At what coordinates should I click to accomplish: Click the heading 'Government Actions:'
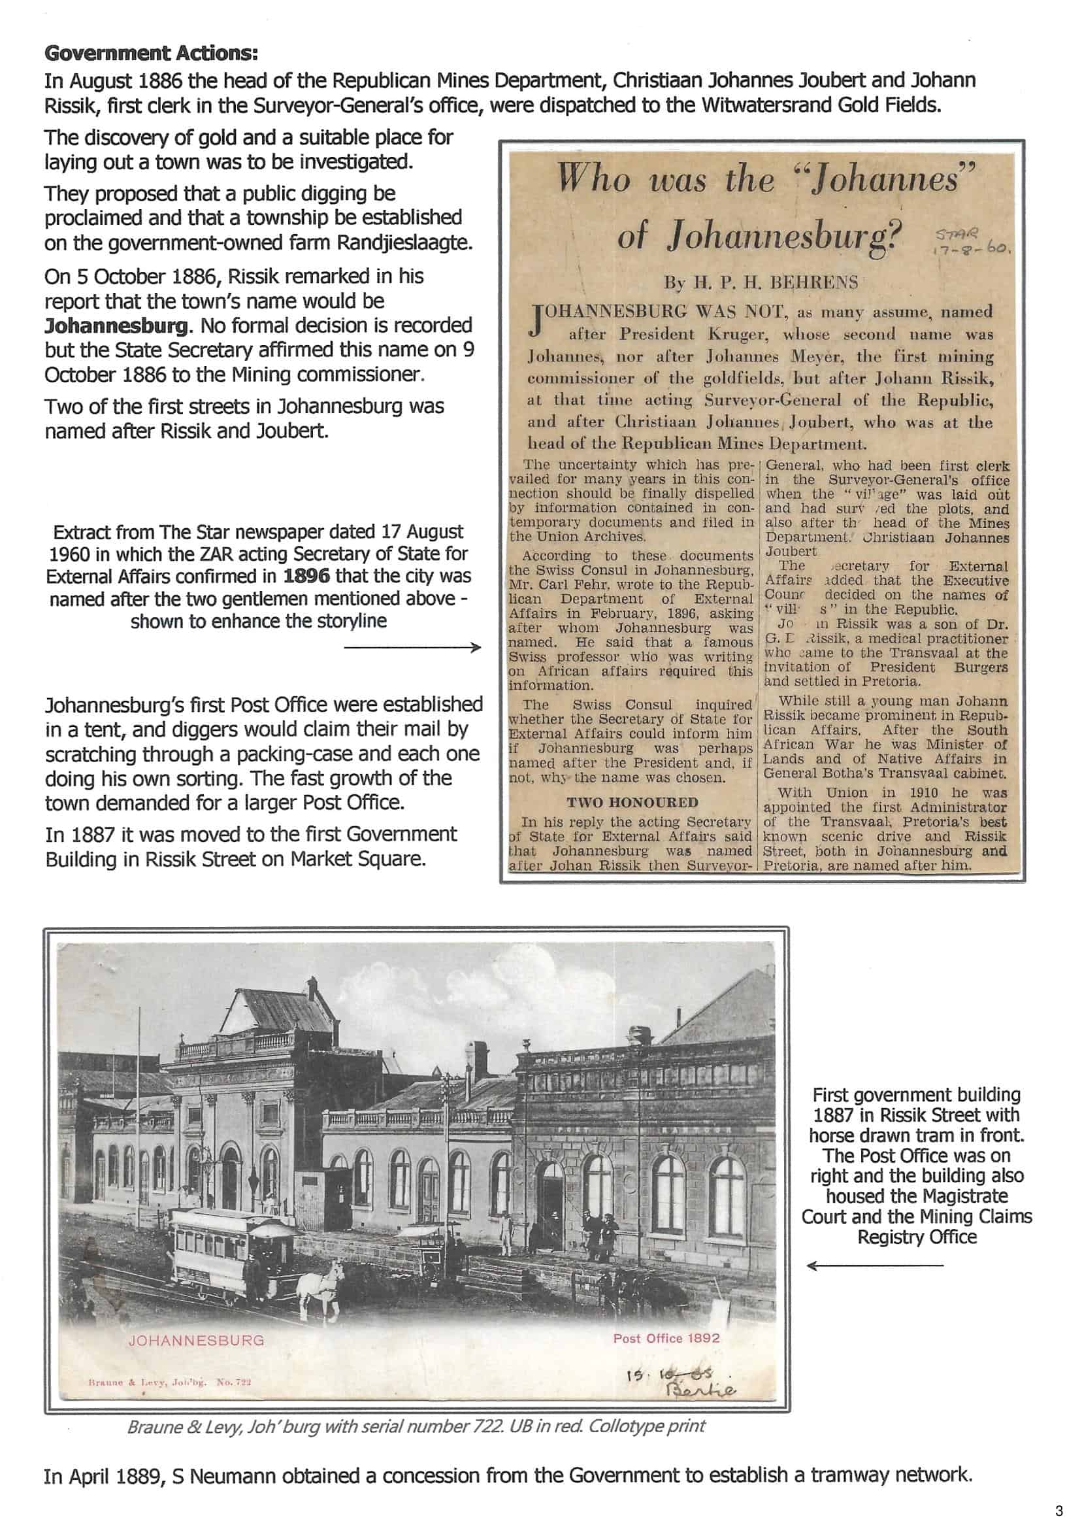coord(151,52)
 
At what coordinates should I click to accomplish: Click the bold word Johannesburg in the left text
coord(116,326)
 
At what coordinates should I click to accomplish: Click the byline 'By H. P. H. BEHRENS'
coord(760,282)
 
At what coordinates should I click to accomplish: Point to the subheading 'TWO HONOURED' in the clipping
coord(632,803)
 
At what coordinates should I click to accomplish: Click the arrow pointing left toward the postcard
coord(874,1264)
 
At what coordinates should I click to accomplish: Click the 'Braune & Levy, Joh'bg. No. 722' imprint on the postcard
coord(169,1383)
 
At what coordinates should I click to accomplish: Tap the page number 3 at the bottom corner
coord(1058,1511)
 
